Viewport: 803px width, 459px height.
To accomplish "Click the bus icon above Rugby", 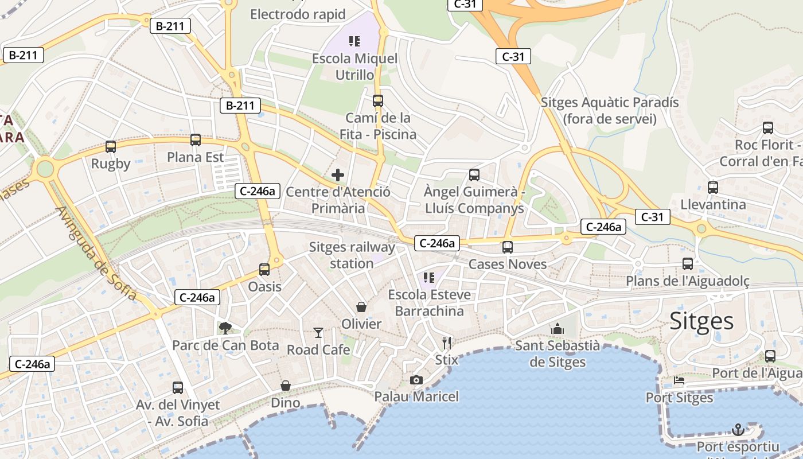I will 111,147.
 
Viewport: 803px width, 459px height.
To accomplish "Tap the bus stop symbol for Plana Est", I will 196,140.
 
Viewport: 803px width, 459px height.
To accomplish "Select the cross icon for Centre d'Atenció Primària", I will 338,175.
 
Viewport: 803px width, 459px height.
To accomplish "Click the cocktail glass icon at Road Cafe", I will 318,332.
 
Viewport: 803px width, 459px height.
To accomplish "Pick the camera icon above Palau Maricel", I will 416,380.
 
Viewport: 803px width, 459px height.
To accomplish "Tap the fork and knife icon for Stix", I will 447,343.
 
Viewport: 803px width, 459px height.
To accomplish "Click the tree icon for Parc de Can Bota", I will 225,328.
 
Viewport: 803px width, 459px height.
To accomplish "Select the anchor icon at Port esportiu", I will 738,429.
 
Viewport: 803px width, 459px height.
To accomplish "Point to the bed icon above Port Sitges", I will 679,380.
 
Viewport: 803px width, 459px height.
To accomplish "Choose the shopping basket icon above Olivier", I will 361,307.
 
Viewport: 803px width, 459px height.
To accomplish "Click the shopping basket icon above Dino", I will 285,386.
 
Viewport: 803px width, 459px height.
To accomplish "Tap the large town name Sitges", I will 701,321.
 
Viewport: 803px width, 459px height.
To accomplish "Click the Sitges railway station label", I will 352,255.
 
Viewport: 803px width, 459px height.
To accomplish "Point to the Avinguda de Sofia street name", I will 96,253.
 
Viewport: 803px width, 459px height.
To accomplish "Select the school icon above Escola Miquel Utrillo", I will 354,41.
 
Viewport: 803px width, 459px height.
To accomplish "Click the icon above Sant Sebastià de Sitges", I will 557,329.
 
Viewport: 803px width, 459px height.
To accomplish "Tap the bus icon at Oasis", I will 264,269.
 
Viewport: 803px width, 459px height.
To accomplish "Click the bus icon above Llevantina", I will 713,188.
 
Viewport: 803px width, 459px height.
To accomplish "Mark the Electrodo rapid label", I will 298,14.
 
